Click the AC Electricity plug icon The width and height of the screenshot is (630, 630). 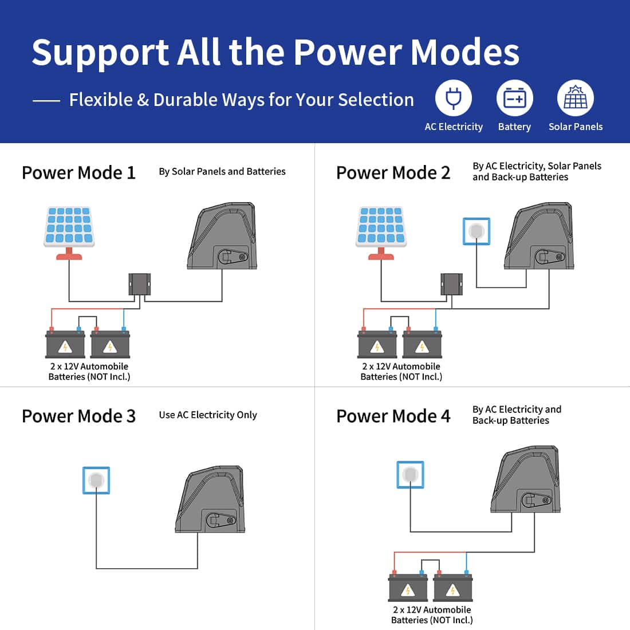click(454, 98)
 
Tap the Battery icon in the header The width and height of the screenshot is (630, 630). click(515, 98)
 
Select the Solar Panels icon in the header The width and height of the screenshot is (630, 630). click(576, 98)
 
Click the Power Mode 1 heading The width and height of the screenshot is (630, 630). click(79, 173)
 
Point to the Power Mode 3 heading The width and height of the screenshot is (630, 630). click(79, 416)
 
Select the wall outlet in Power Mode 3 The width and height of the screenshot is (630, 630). click(96, 480)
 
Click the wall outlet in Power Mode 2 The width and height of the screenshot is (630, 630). click(477, 231)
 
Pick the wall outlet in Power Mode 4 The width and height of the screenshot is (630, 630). click(410, 475)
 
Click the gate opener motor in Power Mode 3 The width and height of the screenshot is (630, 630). click(210, 499)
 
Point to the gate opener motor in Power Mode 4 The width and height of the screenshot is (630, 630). click(525, 479)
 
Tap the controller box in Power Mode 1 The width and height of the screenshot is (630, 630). click(139, 284)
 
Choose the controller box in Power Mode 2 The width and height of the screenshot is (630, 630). click(452, 284)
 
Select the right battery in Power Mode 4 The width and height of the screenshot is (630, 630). click(453, 586)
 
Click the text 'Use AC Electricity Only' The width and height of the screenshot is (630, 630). click(208, 415)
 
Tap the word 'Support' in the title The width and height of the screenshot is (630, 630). click(100, 53)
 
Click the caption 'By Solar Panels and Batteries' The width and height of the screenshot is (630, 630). click(222, 172)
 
